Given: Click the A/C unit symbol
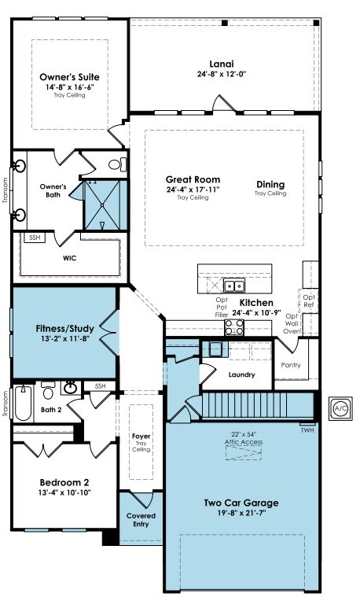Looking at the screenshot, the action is pyautogui.click(x=340, y=408).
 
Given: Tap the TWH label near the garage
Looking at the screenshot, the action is pyautogui.click(x=307, y=430).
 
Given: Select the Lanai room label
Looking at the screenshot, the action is pyautogui.click(x=222, y=64).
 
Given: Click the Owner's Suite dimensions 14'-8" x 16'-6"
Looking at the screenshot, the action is pyautogui.click(x=70, y=87).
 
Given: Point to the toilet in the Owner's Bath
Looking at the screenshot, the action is pyautogui.click(x=118, y=164).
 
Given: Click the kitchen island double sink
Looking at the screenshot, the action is pyautogui.click(x=234, y=286).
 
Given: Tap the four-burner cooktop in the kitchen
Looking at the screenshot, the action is pyautogui.click(x=234, y=327).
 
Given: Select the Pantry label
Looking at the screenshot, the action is pyautogui.click(x=291, y=365).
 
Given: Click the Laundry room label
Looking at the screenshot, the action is pyautogui.click(x=242, y=374).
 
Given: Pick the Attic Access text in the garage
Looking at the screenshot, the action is pyautogui.click(x=244, y=442).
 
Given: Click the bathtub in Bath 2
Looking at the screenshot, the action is pyautogui.click(x=23, y=404).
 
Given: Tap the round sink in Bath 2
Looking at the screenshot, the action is pyautogui.click(x=71, y=388).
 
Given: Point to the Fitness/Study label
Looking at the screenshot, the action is pyautogui.click(x=64, y=328).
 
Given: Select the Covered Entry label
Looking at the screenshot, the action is pyautogui.click(x=141, y=520).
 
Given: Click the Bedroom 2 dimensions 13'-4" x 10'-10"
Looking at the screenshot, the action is pyautogui.click(x=64, y=492).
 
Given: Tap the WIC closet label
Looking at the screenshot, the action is pyautogui.click(x=69, y=258).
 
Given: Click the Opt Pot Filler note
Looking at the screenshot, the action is pyautogui.click(x=222, y=307).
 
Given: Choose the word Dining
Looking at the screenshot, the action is pyautogui.click(x=270, y=184).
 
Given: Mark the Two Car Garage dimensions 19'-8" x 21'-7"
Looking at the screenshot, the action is pyautogui.click(x=241, y=513).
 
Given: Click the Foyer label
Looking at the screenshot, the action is pyautogui.click(x=141, y=436).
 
